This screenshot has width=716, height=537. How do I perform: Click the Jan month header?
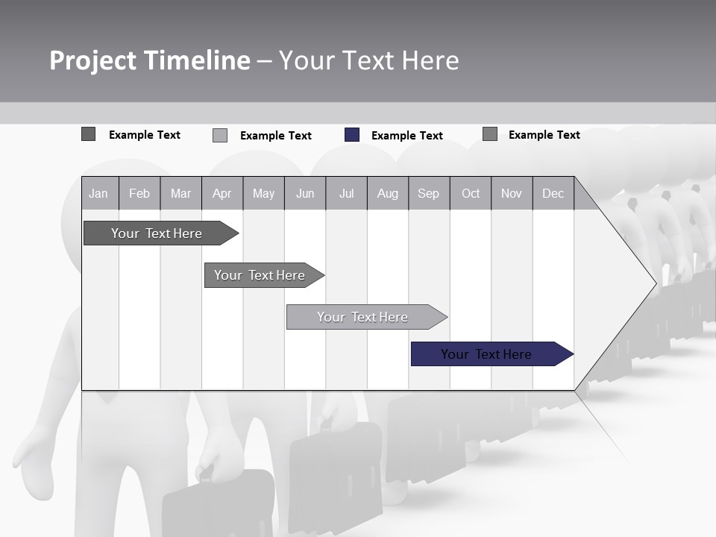(98, 193)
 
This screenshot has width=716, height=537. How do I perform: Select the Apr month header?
(222, 193)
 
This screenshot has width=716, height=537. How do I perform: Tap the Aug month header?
(387, 193)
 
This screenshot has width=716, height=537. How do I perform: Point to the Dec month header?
(553, 193)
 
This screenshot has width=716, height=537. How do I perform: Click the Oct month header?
(471, 193)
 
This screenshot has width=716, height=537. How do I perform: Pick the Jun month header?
(305, 193)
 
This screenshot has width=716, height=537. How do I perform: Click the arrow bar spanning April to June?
(261, 275)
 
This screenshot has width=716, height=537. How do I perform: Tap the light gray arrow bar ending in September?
(364, 317)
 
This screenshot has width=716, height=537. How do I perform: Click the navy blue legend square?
(352, 135)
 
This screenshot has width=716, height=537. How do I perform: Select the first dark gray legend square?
(88, 134)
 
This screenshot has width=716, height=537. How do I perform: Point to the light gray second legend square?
(220, 135)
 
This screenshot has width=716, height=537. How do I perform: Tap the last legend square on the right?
(490, 134)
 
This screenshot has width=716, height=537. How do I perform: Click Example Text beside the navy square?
(406, 136)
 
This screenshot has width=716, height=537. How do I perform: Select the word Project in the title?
(93, 60)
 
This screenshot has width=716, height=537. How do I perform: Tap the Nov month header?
(512, 193)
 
